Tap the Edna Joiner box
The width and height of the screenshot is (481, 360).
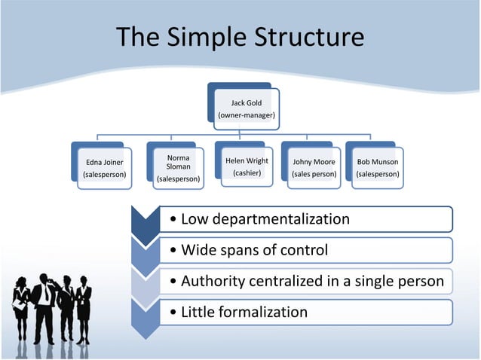pyautogui.click(x=105, y=168)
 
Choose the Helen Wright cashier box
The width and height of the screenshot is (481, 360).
pyautogui.click(x=247, y=166)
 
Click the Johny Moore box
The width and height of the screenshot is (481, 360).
pyautogui.click(x=314, y=168)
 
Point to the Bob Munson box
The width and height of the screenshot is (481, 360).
pyautogui.click(x=378, y=168)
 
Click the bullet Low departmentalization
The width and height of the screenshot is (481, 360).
pyautogui.click(x=260, y=219)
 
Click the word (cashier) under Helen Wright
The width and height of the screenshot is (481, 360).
pyautogui.click(x=247, y=173)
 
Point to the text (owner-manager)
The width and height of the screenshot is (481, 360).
pyautogui.click(x=247, y=115)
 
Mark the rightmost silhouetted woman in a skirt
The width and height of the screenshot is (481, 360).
pyautogui.click(x=83, y=309)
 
